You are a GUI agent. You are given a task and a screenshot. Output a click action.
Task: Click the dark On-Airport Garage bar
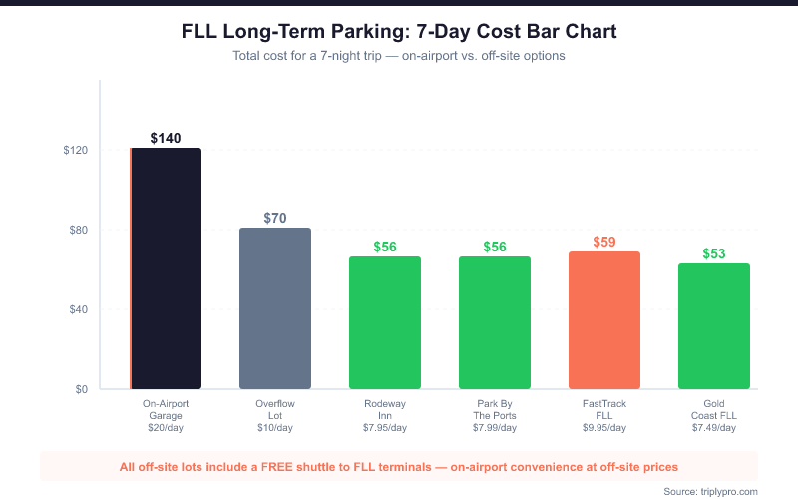pos(166,268)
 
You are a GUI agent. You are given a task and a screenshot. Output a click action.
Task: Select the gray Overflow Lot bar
pos(275,308)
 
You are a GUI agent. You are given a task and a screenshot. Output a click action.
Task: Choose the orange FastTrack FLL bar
pos(604,320)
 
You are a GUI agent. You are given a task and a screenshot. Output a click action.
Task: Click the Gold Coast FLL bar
pos(714,326)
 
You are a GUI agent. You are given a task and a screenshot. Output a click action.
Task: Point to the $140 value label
pos(166,138)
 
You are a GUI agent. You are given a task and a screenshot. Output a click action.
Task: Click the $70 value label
pos(275,218)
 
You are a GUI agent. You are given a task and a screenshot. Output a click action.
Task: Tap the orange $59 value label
pos(604,242)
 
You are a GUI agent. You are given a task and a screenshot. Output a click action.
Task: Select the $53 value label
pos(714,253)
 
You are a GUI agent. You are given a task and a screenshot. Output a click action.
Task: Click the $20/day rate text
pos(166,428)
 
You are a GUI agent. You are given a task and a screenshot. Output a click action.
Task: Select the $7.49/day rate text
pos(714,428)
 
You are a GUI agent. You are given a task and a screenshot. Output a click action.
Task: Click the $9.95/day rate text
pos(604,428)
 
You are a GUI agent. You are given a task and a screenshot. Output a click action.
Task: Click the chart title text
pos(399,32)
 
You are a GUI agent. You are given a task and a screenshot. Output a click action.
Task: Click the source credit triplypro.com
pos(731,491)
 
